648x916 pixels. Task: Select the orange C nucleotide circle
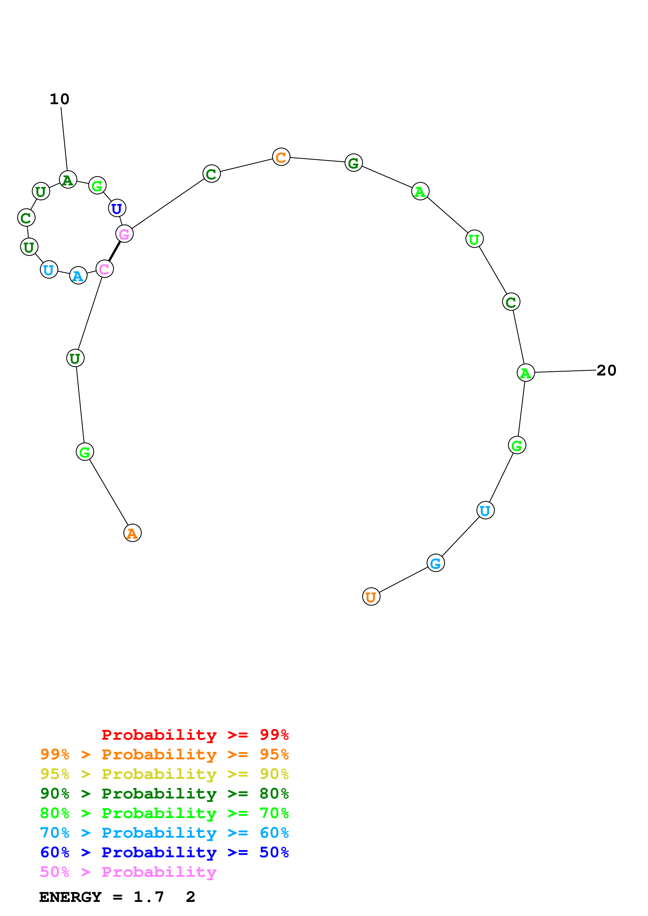(x=281, y=157)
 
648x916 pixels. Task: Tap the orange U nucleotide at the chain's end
(x=371, y=597)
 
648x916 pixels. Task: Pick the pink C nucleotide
(x=105, y=269)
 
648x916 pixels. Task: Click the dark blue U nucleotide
(x=117, y=208)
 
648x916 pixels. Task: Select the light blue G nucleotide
(x=435, y=563)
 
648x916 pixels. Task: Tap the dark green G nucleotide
(x=353, y=163)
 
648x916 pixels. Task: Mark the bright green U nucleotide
(x=474, y=239)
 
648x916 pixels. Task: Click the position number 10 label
(x=60, y=99)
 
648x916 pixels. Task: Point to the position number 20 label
(x=606, y=370)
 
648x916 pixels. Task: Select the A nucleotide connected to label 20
(x=525, y=373)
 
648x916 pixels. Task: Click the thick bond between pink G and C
(x=114, y=251)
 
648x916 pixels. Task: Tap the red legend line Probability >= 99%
(x=195, y=735)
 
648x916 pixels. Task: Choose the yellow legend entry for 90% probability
(x=164, y=774)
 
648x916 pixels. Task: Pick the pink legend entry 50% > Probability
(x=128, y=872)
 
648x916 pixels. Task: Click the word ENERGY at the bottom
(x=70, y=897)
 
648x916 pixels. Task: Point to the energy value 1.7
(x=148, y=897)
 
